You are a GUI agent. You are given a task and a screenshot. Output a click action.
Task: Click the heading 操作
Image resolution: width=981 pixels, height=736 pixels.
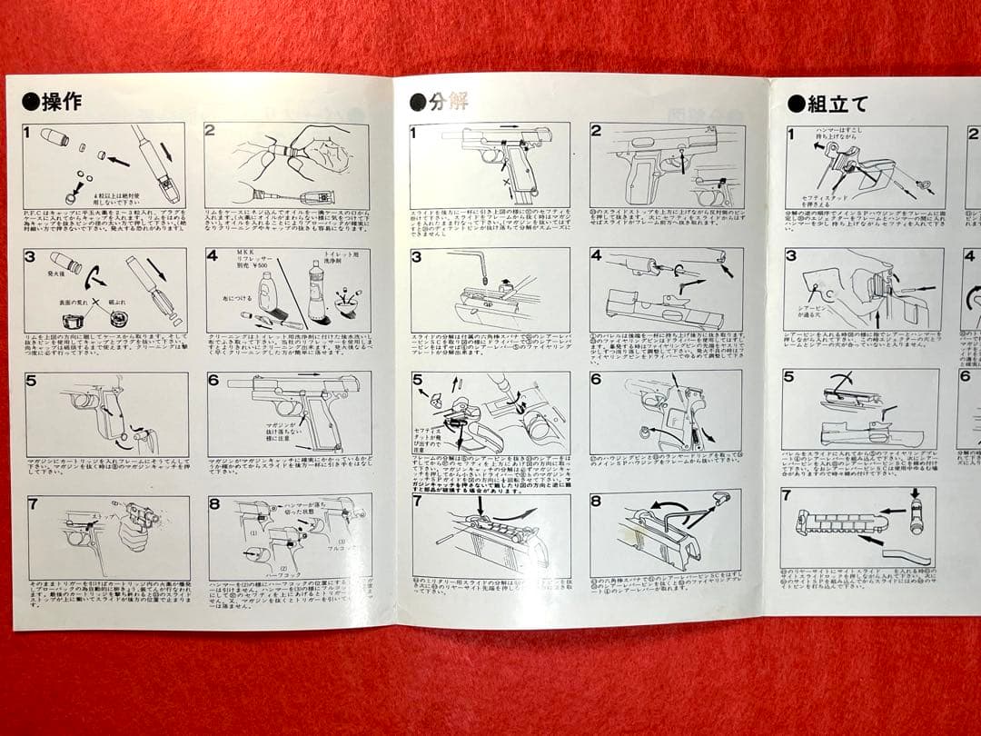62,101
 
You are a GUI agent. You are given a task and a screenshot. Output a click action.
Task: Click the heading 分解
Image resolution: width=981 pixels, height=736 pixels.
450,100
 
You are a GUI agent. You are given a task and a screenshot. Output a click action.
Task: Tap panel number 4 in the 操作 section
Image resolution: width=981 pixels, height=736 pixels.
213,255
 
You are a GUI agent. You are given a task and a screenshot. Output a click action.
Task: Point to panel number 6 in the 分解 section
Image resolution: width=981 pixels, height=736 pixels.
597,377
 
